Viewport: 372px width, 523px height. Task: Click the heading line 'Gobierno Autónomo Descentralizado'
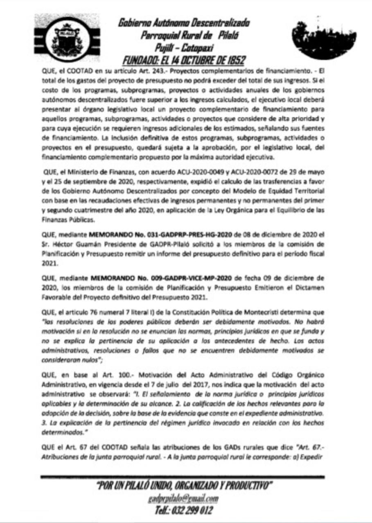tap(184, 22)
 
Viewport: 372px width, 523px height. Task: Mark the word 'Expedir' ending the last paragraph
tap(313, 457)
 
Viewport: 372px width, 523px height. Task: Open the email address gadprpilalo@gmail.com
tap(183, 499)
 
